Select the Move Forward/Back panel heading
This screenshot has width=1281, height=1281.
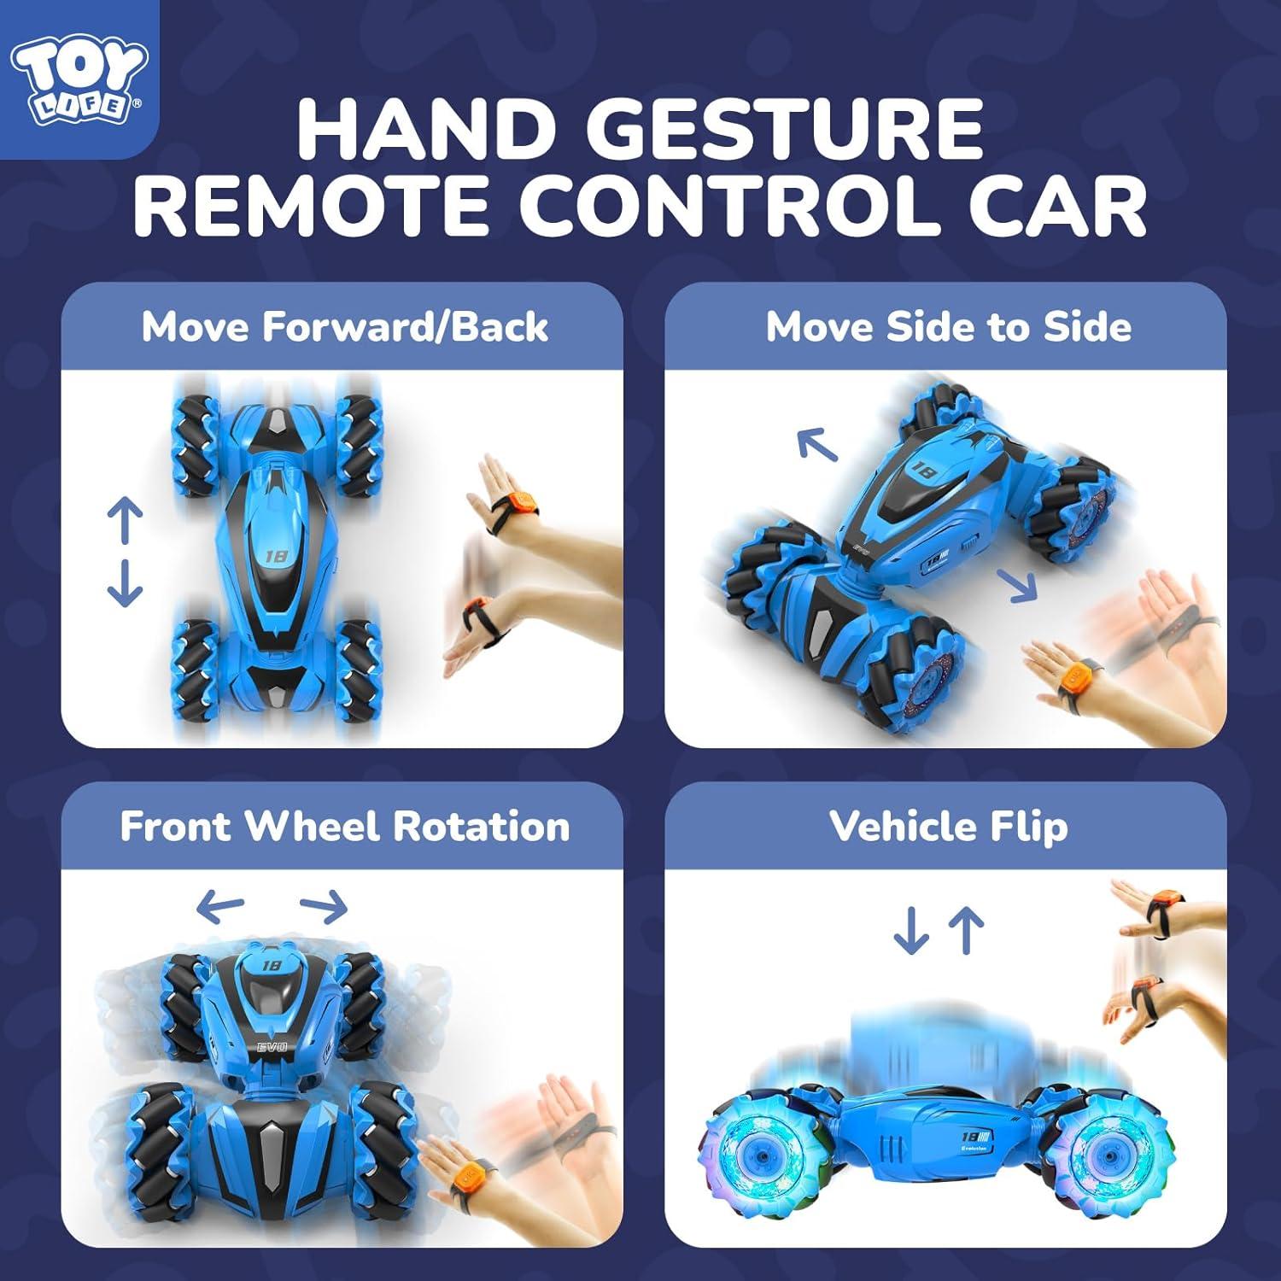[x=344, y=327]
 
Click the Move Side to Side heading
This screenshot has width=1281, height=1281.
[x=948, y=327]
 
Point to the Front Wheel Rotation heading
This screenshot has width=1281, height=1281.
[x=344, y=827]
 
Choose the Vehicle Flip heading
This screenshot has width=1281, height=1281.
[x=948, y=827]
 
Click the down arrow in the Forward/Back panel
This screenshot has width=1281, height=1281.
[x=125, y=583]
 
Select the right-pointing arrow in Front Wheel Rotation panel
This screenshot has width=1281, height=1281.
[x=325, y=906]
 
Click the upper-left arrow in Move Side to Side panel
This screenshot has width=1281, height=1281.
[x=816, y=444]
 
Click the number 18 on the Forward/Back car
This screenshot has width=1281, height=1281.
[x=276, y=556]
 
